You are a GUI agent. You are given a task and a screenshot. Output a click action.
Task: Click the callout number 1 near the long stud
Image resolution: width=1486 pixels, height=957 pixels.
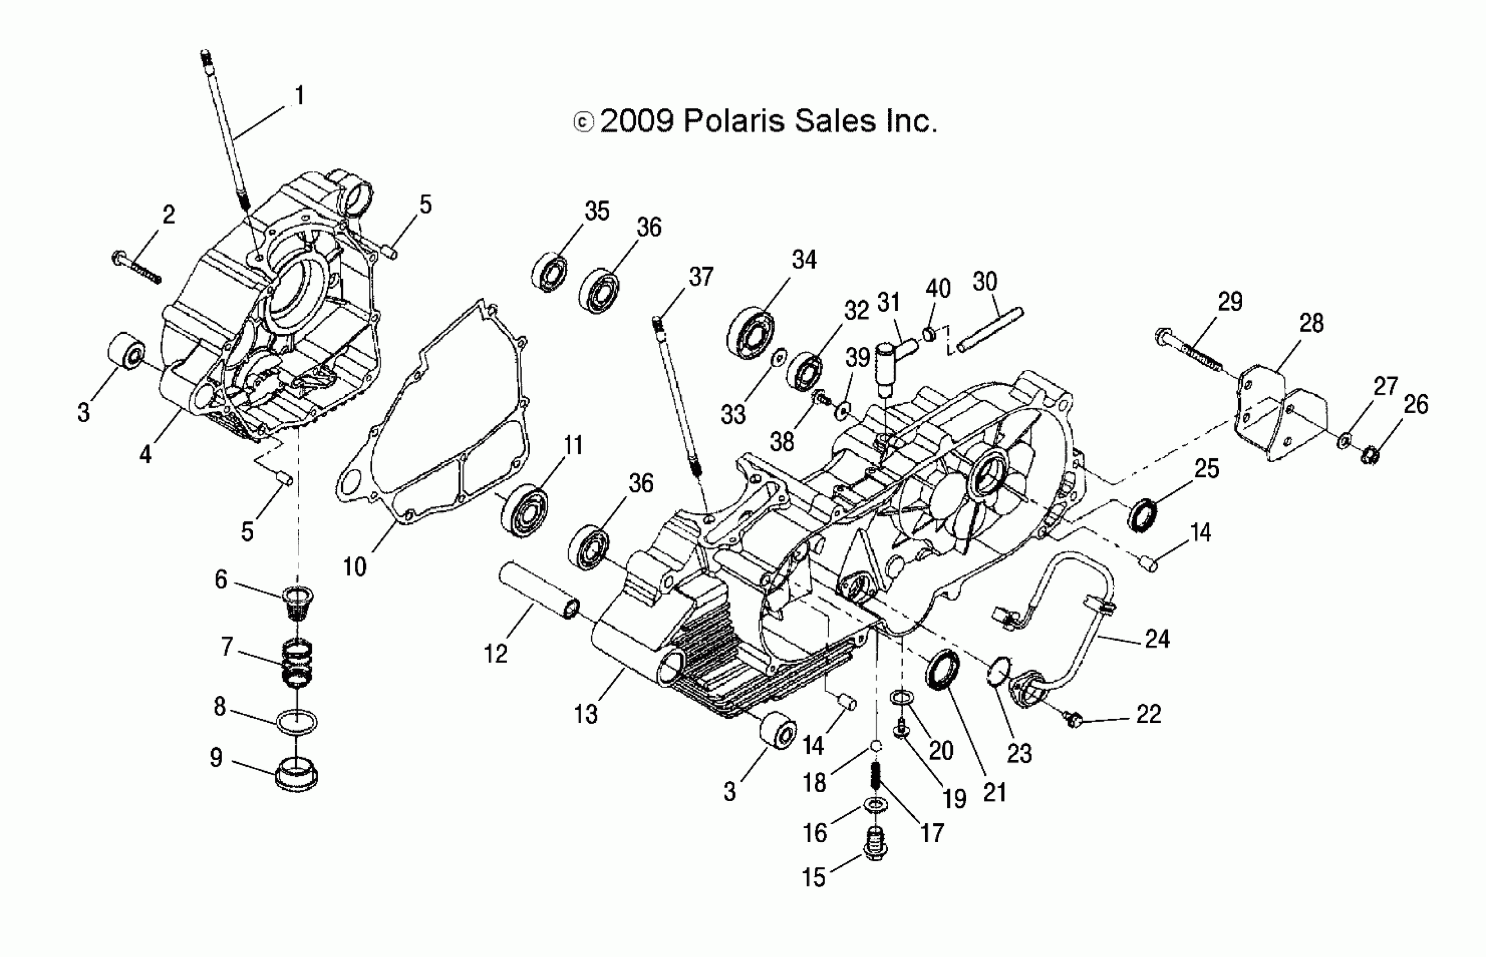(x=300, y=96)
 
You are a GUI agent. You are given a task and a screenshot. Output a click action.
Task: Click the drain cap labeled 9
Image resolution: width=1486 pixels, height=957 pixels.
(x=296, y=774)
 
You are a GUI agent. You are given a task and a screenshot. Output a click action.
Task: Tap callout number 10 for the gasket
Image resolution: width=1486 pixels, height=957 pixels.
(x=355, y=567)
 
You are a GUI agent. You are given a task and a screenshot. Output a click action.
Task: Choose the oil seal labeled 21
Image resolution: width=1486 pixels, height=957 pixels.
(x=943, y=669)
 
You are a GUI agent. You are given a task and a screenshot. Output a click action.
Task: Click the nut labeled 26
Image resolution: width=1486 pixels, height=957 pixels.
(x=1371, y=455)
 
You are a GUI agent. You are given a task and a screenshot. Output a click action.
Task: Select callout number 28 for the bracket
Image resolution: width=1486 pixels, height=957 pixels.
(x=1311, y=323)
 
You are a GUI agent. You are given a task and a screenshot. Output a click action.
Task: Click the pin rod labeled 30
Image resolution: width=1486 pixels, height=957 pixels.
(x=990, y=330)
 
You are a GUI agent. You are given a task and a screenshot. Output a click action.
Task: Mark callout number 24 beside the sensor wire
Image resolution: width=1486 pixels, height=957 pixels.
(x=1157, y=639)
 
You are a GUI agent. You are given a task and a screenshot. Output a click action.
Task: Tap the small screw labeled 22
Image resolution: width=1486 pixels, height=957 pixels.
(x=1073, y=720)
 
